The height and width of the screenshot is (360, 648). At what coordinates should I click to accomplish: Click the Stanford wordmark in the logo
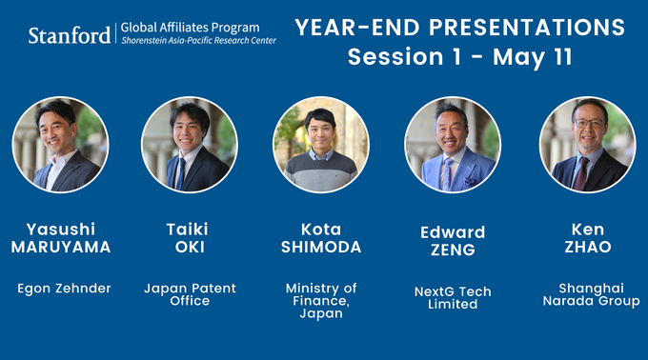68,35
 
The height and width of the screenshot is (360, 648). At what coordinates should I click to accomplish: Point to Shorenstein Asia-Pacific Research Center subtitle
198,41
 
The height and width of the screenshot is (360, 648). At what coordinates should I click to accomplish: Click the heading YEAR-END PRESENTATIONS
459,26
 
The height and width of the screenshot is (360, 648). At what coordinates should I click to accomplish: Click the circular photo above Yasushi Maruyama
61,145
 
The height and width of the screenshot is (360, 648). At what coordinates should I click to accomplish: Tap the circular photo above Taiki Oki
189,145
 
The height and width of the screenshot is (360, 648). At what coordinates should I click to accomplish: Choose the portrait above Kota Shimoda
321,145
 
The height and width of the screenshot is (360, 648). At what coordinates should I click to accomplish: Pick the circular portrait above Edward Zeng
453,145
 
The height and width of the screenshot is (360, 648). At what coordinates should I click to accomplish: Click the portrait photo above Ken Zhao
586,145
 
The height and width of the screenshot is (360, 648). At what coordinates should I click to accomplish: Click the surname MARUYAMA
61,248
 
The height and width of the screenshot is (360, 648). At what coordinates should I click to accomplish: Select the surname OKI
189,248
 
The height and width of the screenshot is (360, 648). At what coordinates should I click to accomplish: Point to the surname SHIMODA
321,248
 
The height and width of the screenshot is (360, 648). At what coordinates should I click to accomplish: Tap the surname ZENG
453,250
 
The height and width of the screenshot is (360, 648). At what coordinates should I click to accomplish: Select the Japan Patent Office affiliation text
189,294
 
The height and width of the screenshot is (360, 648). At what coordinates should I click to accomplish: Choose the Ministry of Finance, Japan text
321,300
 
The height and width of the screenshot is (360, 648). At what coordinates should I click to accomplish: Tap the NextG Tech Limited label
453,297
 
